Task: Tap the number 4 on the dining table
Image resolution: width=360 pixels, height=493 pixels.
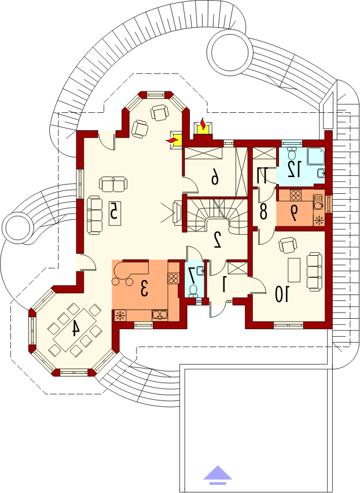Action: pyautogui.click(x=75, y=329)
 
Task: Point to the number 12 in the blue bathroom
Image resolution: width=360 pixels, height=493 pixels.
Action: pyautogui.click(x=294, y=169)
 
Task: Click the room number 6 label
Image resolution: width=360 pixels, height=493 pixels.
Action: pyautogui.click(x=214, y=178)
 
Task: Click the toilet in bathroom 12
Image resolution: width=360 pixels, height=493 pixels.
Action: pyautogui.click(x=292, y=153)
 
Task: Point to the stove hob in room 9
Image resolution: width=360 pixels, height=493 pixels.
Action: pyautogui.click(x=296, y=196)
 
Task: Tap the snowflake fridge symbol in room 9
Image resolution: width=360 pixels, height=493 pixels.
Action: pyautogui.click(x=319, y=220)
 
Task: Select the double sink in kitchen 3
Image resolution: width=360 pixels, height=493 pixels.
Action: pyautogui.click(x=160, y=315)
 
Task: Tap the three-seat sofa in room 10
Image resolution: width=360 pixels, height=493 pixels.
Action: pyautogui.click(x=314, y=270)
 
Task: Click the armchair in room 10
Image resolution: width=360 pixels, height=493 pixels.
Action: pyautogui.click(x=288, y=245)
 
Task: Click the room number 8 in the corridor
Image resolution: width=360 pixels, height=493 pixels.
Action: pyautogui.click(x=263, y=212)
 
